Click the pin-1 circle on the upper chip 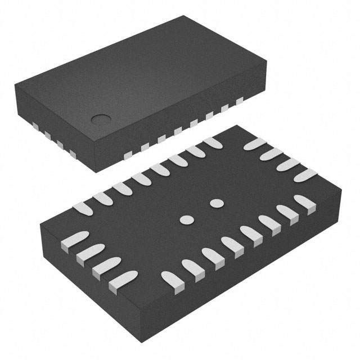coord(102,119)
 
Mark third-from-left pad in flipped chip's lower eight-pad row coord(212,256)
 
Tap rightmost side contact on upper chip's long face coord(240,101)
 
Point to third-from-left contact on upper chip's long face coord(161,137)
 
